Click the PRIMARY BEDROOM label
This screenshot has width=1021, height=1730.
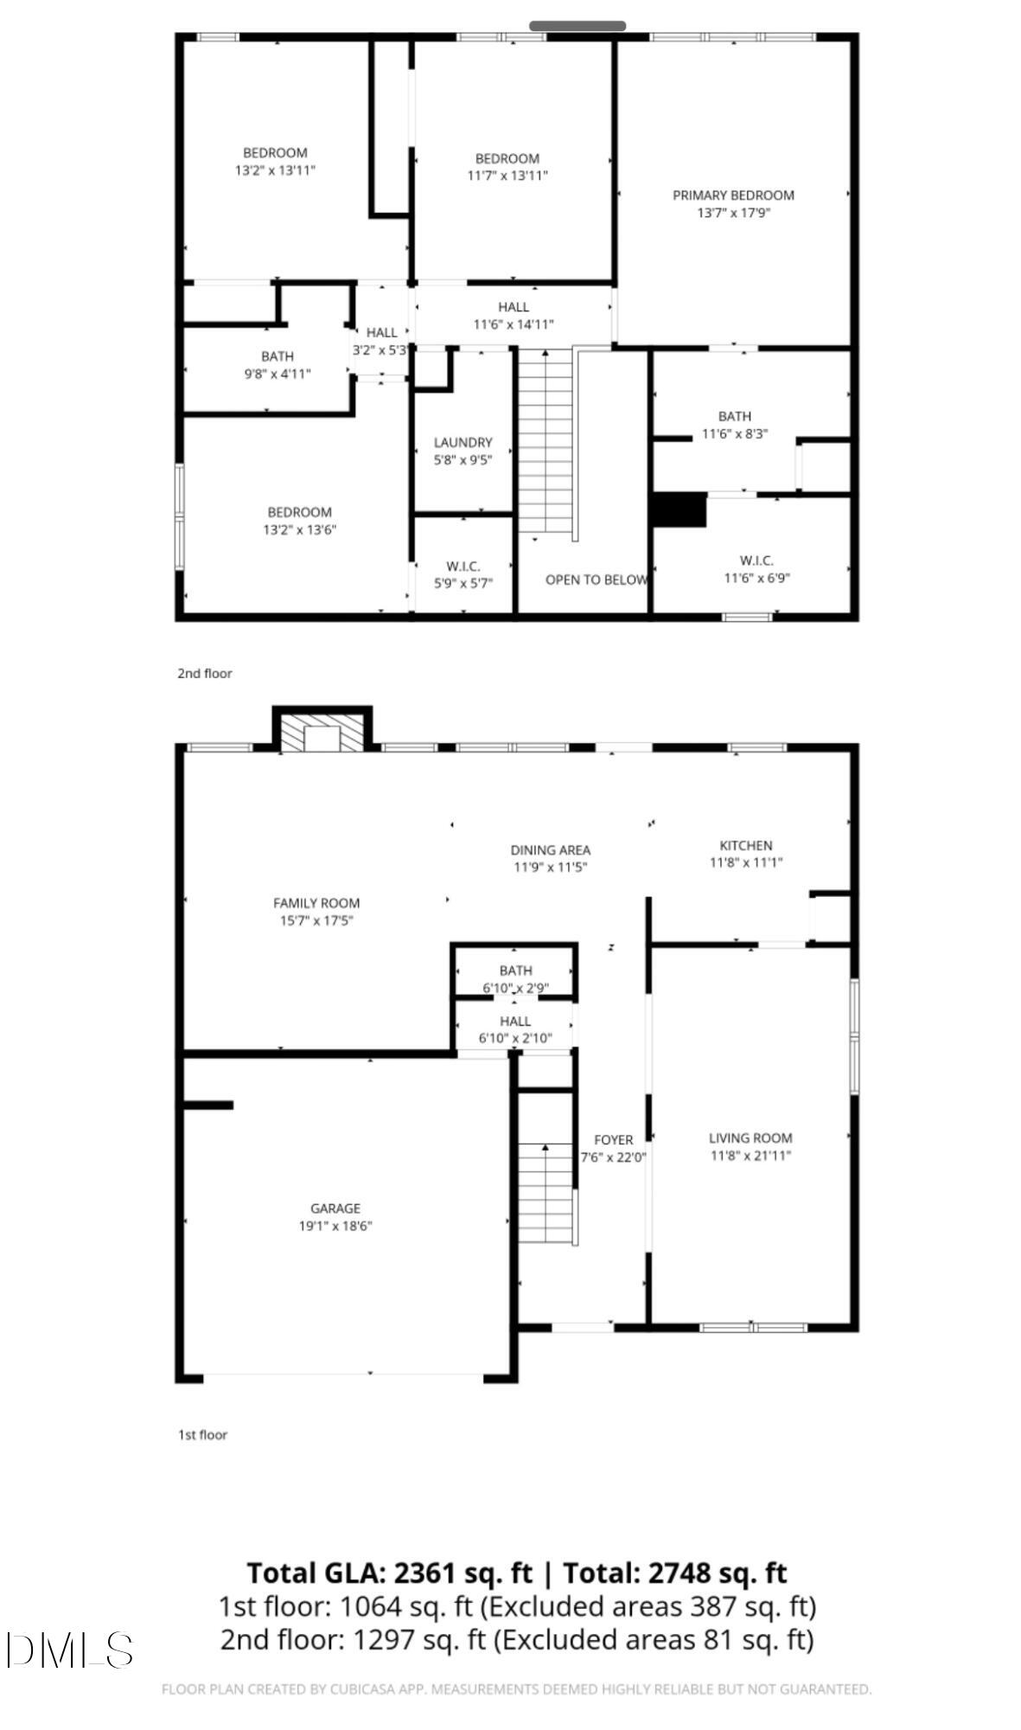(x=733, y=195)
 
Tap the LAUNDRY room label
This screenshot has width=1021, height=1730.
(x=463, y=442)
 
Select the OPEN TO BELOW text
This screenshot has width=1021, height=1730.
(x=596, y=580)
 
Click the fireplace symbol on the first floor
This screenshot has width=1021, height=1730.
(x=323, y=736)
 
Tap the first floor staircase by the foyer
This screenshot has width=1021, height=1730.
(x=546, y=1192)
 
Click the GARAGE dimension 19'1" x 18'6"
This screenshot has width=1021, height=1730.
(x=335, y=1226)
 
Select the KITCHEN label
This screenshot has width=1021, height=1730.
(x=745, y=845)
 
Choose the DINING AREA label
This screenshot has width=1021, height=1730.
(x=550, y=849)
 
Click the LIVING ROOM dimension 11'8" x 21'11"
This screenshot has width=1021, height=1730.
(x=750, y=1156)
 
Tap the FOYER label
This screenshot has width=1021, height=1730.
(x=613, y=1140)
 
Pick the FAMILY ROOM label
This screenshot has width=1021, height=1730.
(x=316, y=903)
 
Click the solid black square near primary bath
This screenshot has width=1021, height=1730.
(x=679, y=509)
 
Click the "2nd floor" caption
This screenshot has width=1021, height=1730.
(x=205, y=673)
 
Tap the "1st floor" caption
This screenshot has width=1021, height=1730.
(x=202, y=1434)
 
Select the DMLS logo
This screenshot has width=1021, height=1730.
(x=69, y=1650)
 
